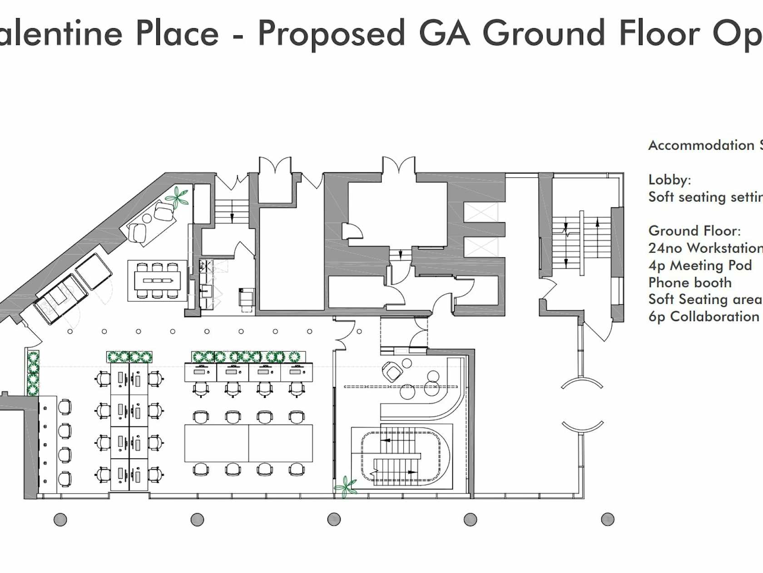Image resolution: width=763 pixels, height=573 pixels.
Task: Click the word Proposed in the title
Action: [x=331, y=34]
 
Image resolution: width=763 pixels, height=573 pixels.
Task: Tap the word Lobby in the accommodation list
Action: [x=669, y=180]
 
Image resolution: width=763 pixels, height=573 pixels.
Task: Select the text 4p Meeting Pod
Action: [x=700, y=266]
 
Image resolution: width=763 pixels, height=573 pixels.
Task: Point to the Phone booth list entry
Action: [x=690, y=282]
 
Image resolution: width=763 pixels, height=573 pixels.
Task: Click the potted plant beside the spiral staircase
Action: [x=346, y=487]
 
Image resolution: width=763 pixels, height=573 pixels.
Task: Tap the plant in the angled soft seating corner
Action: [x=177, y=197]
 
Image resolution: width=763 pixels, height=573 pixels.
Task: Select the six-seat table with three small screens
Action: [x=158, y=281]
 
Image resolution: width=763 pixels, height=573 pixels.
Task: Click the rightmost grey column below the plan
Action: [x=608, y=519]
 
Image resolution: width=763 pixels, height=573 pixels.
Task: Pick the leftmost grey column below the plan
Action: [x=60, y=519]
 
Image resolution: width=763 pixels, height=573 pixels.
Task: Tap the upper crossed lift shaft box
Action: [x=481, y=212]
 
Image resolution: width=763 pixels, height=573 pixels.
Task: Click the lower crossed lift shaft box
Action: [x=481, y=247]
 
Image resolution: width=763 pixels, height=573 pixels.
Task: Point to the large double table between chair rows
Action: [x=248, y=443]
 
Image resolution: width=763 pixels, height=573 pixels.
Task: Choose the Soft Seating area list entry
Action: [x=706, y=300]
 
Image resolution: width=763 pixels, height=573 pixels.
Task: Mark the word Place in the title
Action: [x=177, y=34]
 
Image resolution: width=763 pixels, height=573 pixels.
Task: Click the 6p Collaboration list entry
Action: [x=704, y=317]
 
